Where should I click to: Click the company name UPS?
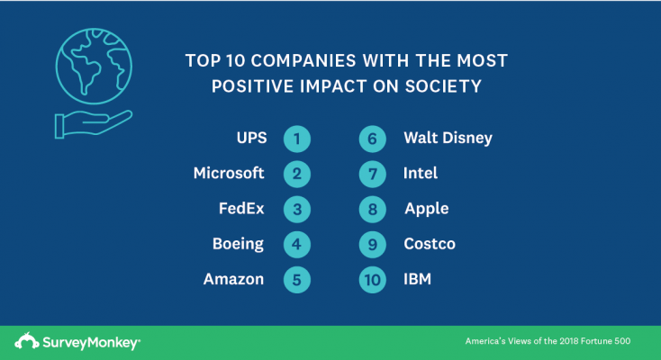click(244, 139)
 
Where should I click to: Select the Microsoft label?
click(229, 173)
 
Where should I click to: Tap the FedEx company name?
click(241, 209)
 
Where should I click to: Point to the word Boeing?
click(239, 244)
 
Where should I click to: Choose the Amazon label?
click(233, 279)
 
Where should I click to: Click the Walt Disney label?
click(448, 139)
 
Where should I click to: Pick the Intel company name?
click(421, 173)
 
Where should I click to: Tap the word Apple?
click(427, 209)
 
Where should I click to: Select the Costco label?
click(430, 244)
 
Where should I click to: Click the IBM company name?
click(418, 279)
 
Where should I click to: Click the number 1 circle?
click(296, 139)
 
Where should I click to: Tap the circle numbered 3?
click(296, 210)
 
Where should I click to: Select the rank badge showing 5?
click(296, 280)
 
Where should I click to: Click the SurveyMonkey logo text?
click(87, 341)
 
